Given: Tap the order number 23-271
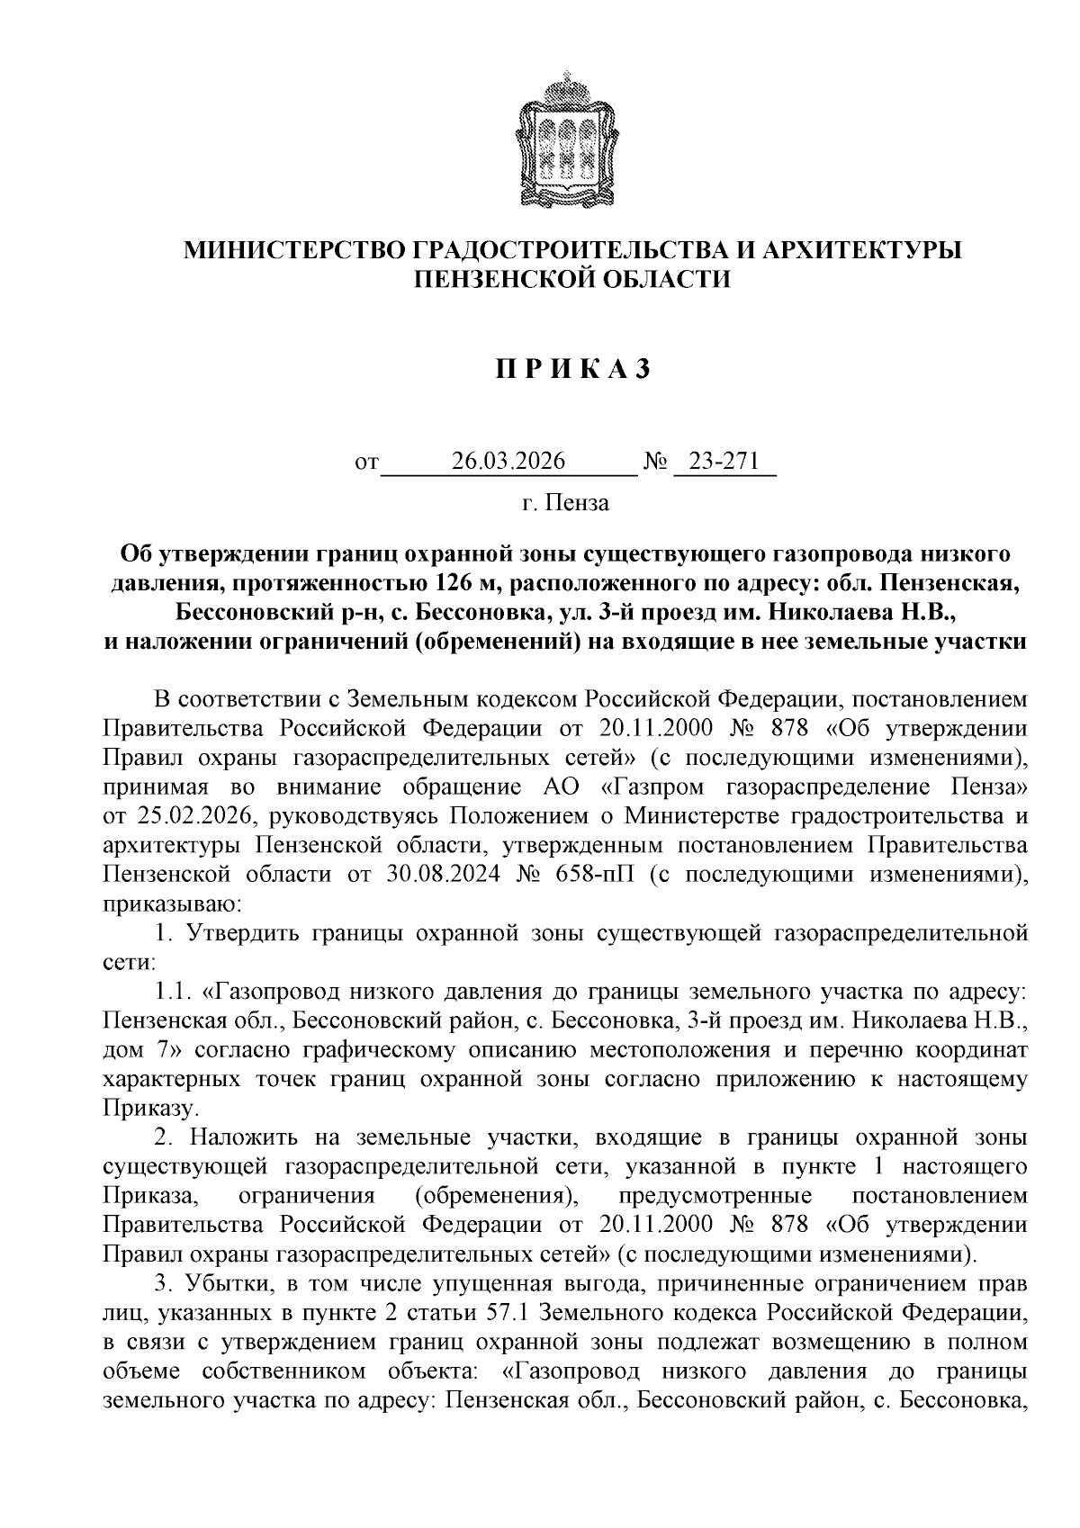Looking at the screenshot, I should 724,462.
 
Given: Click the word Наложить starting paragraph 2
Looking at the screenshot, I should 240,1137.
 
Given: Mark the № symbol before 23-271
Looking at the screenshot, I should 654,463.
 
